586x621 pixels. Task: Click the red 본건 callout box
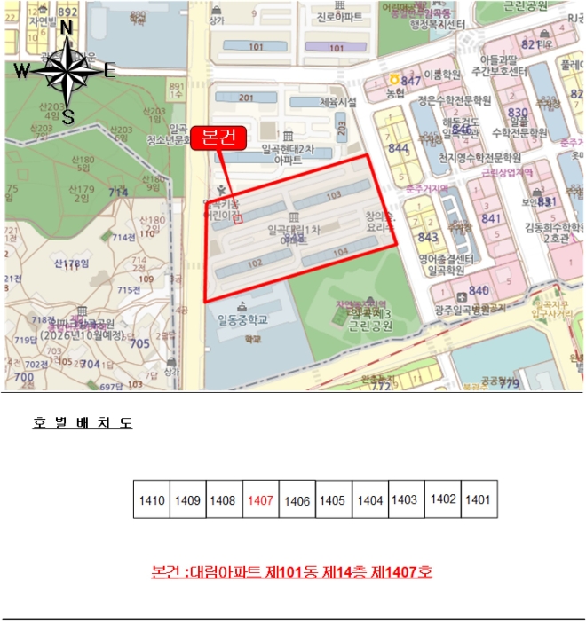[217, 138]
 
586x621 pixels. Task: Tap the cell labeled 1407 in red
[260, 500]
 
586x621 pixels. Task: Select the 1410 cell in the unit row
[152, 500]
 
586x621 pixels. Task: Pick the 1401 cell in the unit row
[478, 499]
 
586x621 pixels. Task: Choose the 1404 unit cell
[369, 500]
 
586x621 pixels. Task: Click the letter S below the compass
[67, 114]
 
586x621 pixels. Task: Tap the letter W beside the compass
[23, 71]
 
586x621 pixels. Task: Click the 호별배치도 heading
[83, 423]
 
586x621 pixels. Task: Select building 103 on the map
[333, 194]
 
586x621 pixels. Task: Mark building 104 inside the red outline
[340, 253]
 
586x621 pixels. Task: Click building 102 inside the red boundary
[254, 263]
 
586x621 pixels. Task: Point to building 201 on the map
[246, 98]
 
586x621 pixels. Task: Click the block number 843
[428, 237]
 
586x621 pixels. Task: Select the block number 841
[491, 218]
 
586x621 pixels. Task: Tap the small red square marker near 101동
[237, 220]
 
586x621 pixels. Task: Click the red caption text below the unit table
[292, 572]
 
